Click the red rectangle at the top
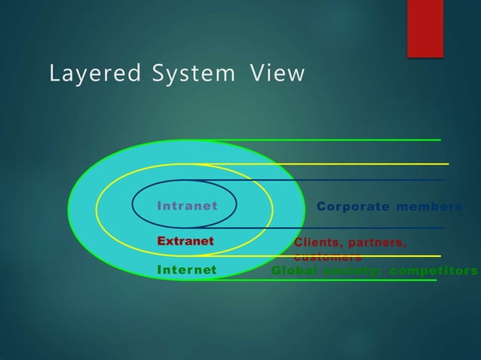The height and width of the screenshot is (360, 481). (425, 28)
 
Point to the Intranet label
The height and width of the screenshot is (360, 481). (187, 206)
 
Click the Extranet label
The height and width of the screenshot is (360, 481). (185, 241)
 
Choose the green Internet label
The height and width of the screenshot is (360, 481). (186, 270)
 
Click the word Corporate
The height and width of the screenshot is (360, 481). (351, 206)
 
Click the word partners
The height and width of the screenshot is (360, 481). (378, 243)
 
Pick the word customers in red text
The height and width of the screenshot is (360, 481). (327, 257)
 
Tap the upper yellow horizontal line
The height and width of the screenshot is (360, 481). (362, 163)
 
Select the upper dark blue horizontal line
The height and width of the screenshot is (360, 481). (362, 180)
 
